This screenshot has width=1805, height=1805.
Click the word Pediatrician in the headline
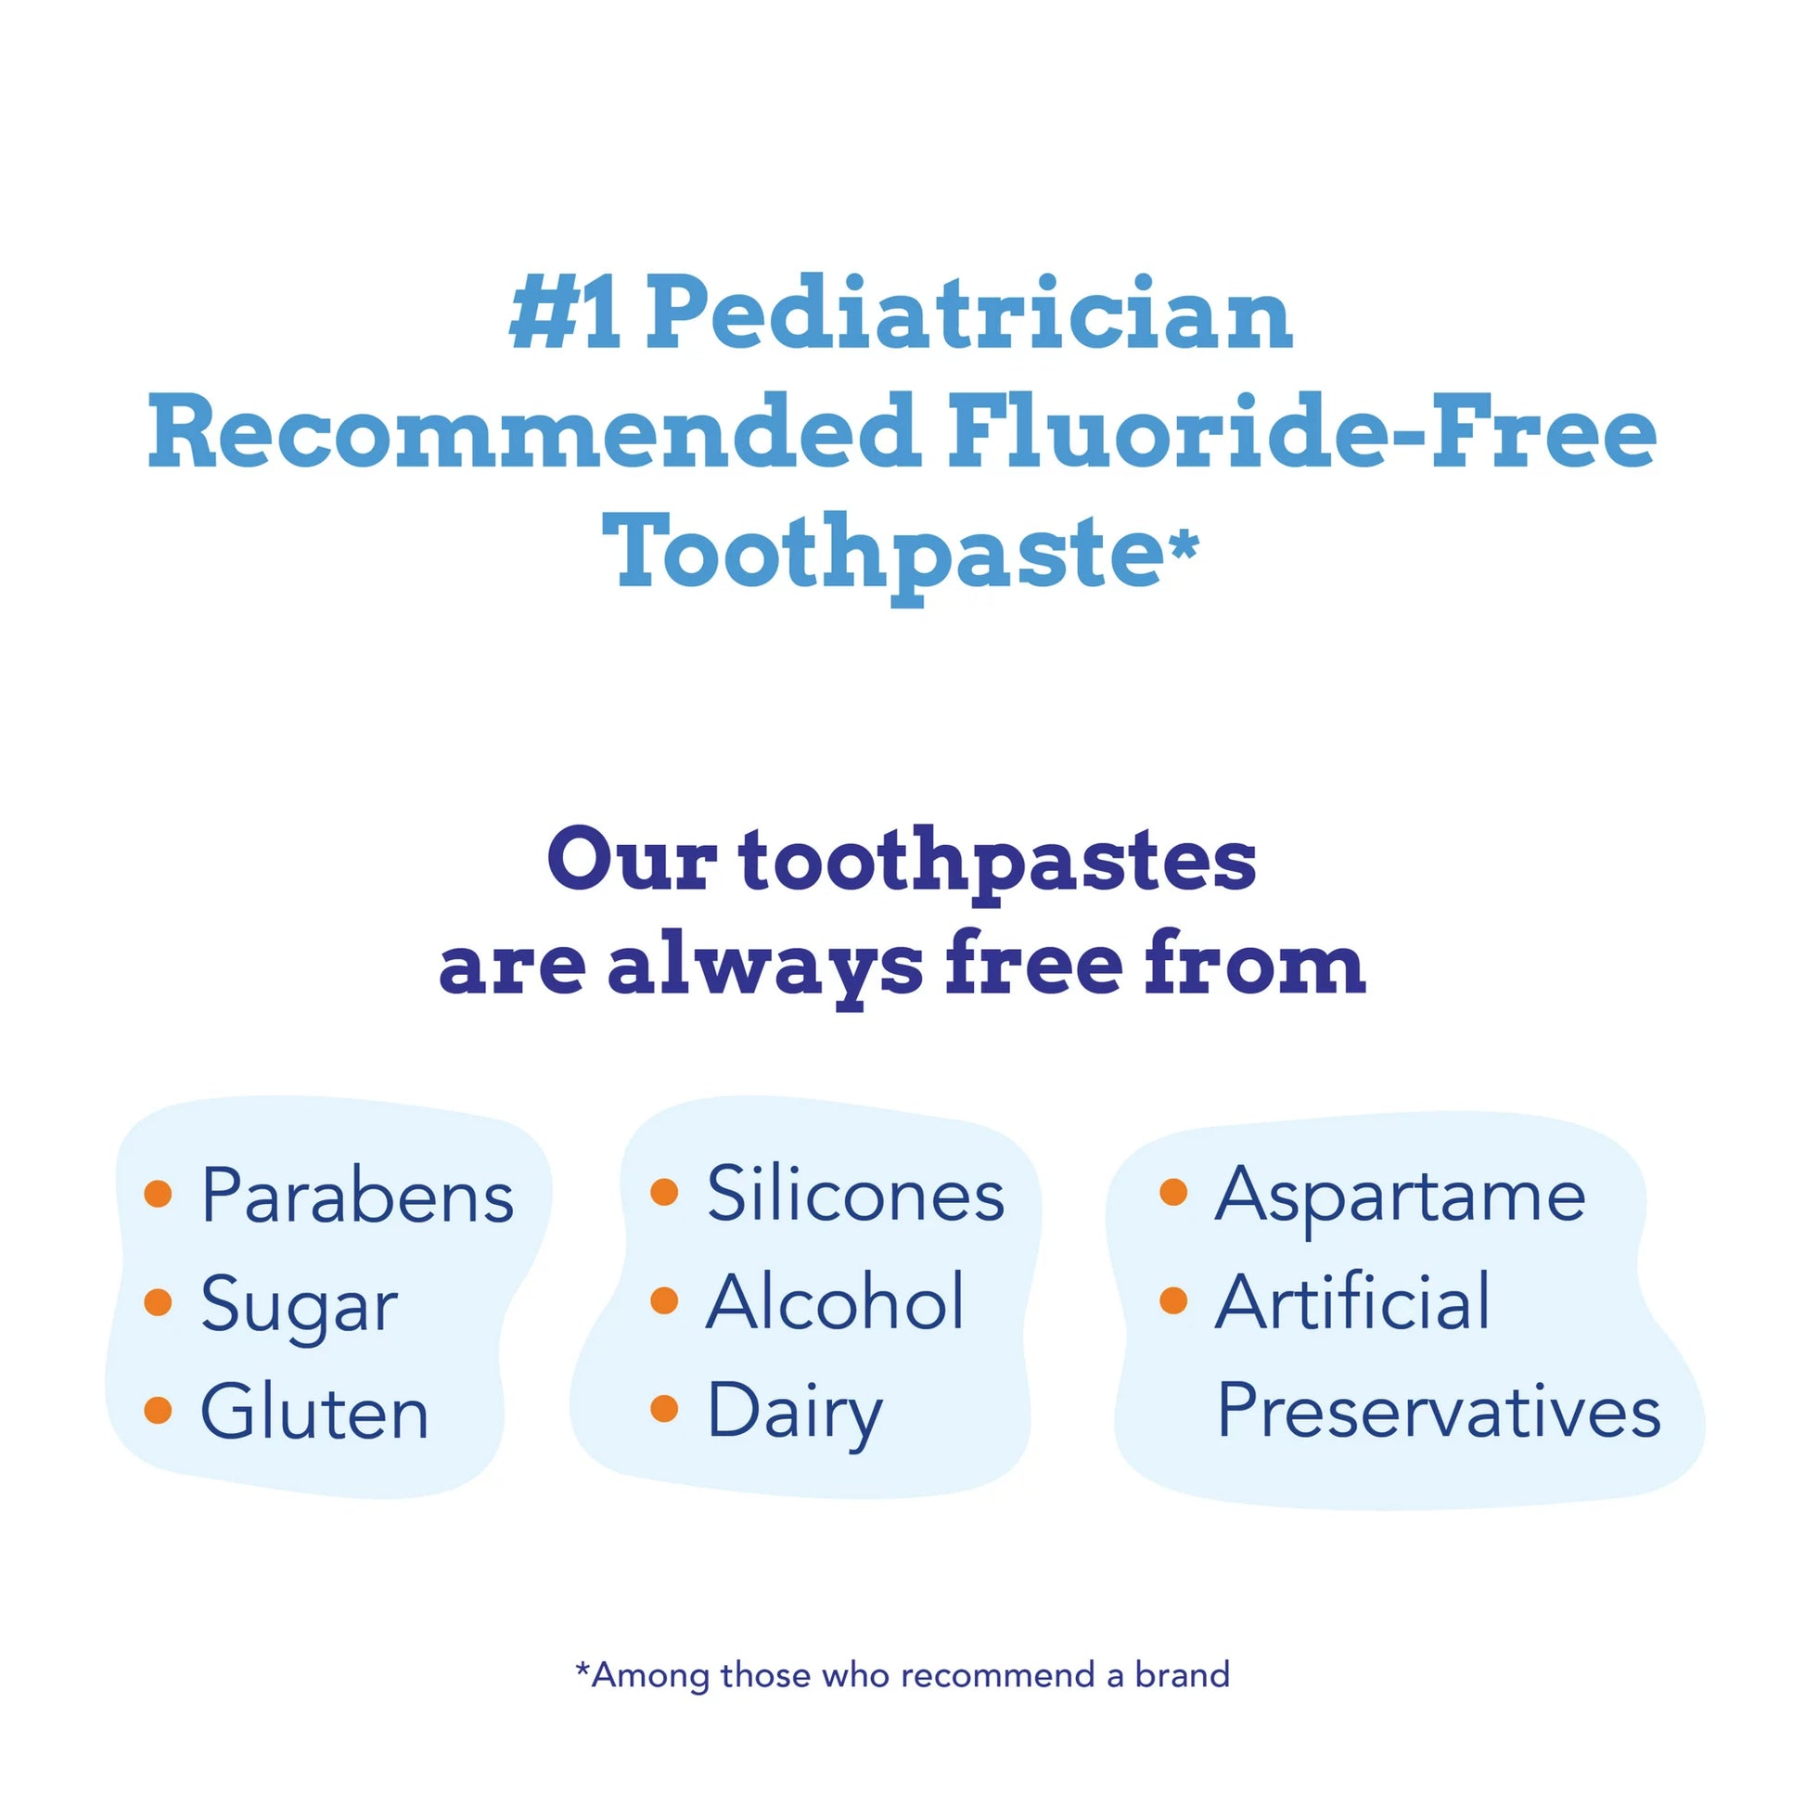(969, 312)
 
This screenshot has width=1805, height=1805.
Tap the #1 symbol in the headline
(564, 312)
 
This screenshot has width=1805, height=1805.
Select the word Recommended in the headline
(533, 430)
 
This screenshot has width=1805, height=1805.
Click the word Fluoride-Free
(1302, 430)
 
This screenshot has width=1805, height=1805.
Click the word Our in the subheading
(632, 859)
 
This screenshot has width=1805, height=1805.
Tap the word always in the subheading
(765, 964)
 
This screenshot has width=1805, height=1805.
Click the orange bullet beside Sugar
(159, 1302)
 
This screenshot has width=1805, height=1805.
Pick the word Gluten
(314, 1412)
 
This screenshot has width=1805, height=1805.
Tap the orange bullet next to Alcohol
(664, 1300)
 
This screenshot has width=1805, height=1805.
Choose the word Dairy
(794, 1415)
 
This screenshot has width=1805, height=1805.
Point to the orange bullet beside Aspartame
(1172, 1192)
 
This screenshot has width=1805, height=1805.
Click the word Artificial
(1351, 1301)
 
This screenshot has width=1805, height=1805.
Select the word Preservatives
(1439, 1411)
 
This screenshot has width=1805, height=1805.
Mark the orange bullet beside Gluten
(159, 1411)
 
